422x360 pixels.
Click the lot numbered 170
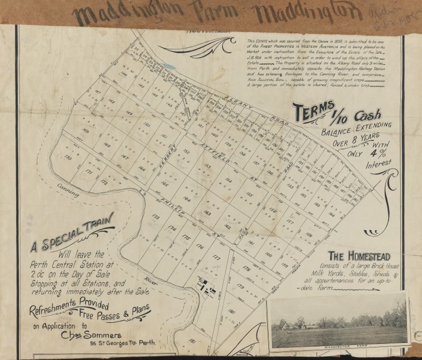point(68,158)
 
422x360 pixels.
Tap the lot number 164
point(187,198)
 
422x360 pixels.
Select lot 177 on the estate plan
point(216,258)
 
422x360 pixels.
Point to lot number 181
point(192,340)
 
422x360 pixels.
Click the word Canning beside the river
point(68,191)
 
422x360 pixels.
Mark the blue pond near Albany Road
point(170,67)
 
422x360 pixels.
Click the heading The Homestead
point(359,256)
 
